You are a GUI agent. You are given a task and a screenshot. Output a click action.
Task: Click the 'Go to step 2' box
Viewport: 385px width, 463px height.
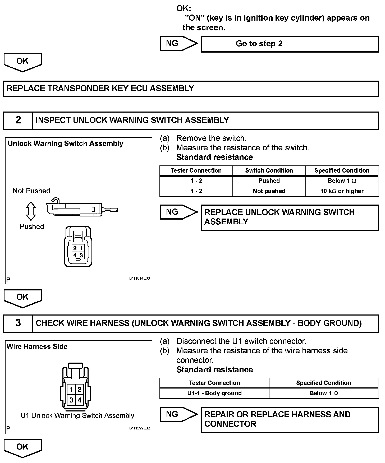[290, 44]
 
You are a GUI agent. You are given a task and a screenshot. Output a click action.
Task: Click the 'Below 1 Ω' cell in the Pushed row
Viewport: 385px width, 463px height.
[342, 181]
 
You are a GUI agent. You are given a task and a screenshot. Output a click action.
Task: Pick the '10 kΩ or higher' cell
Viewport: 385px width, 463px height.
[342, 191]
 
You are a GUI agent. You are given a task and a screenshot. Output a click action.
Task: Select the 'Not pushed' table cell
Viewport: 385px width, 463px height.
[269, 191]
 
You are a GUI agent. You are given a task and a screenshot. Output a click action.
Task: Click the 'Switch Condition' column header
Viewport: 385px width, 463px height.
[269, 170]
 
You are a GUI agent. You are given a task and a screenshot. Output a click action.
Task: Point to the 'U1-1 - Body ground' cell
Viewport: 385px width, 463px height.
[214, 393]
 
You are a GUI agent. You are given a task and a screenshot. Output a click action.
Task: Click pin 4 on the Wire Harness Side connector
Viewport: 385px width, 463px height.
[79, 400]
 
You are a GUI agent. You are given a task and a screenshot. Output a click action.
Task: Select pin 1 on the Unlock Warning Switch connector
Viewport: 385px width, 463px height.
[81, 248]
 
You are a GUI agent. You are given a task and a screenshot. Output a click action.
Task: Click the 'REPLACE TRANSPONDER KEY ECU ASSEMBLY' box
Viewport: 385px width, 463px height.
[191, 89]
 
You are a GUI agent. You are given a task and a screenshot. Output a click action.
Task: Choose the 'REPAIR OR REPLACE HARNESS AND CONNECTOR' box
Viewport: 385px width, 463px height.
[290, 419]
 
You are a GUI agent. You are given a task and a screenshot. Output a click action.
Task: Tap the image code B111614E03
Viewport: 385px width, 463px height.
[139, 278]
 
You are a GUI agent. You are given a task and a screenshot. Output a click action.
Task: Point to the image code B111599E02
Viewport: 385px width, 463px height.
[139, 428]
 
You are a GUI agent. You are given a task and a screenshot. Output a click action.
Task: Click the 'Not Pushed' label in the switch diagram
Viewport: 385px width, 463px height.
[31, 191]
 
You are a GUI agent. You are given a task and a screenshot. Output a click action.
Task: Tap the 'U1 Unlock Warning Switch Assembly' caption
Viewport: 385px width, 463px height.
[77, 415]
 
